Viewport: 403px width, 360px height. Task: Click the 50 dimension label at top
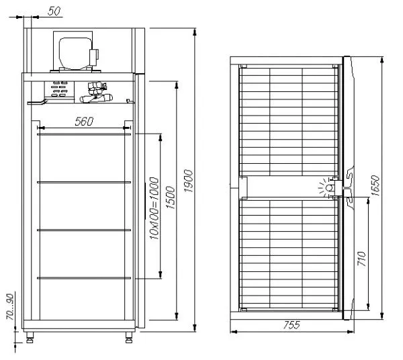pyautogui.click(x=55, y=11)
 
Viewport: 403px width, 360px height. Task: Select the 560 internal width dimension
pyautogui.click(x=84, y=121)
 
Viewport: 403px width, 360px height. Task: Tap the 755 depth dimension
pyautogui.click(x=290, y=325)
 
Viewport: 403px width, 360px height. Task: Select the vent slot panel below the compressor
pyautogui.click(x=58, y=89)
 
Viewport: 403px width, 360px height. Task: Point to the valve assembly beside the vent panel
pyautogui.click(x=95, y=93)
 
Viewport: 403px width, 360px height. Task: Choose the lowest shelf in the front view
pyautogui.click(x=84, y=277)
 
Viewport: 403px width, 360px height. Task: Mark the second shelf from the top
pyautogui.click(x=84, y=182)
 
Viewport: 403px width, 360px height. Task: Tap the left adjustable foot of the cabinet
pyautogui.click(x=30, y=335)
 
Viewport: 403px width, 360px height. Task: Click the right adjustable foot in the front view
pyautogui.click(x=129, y=335)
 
